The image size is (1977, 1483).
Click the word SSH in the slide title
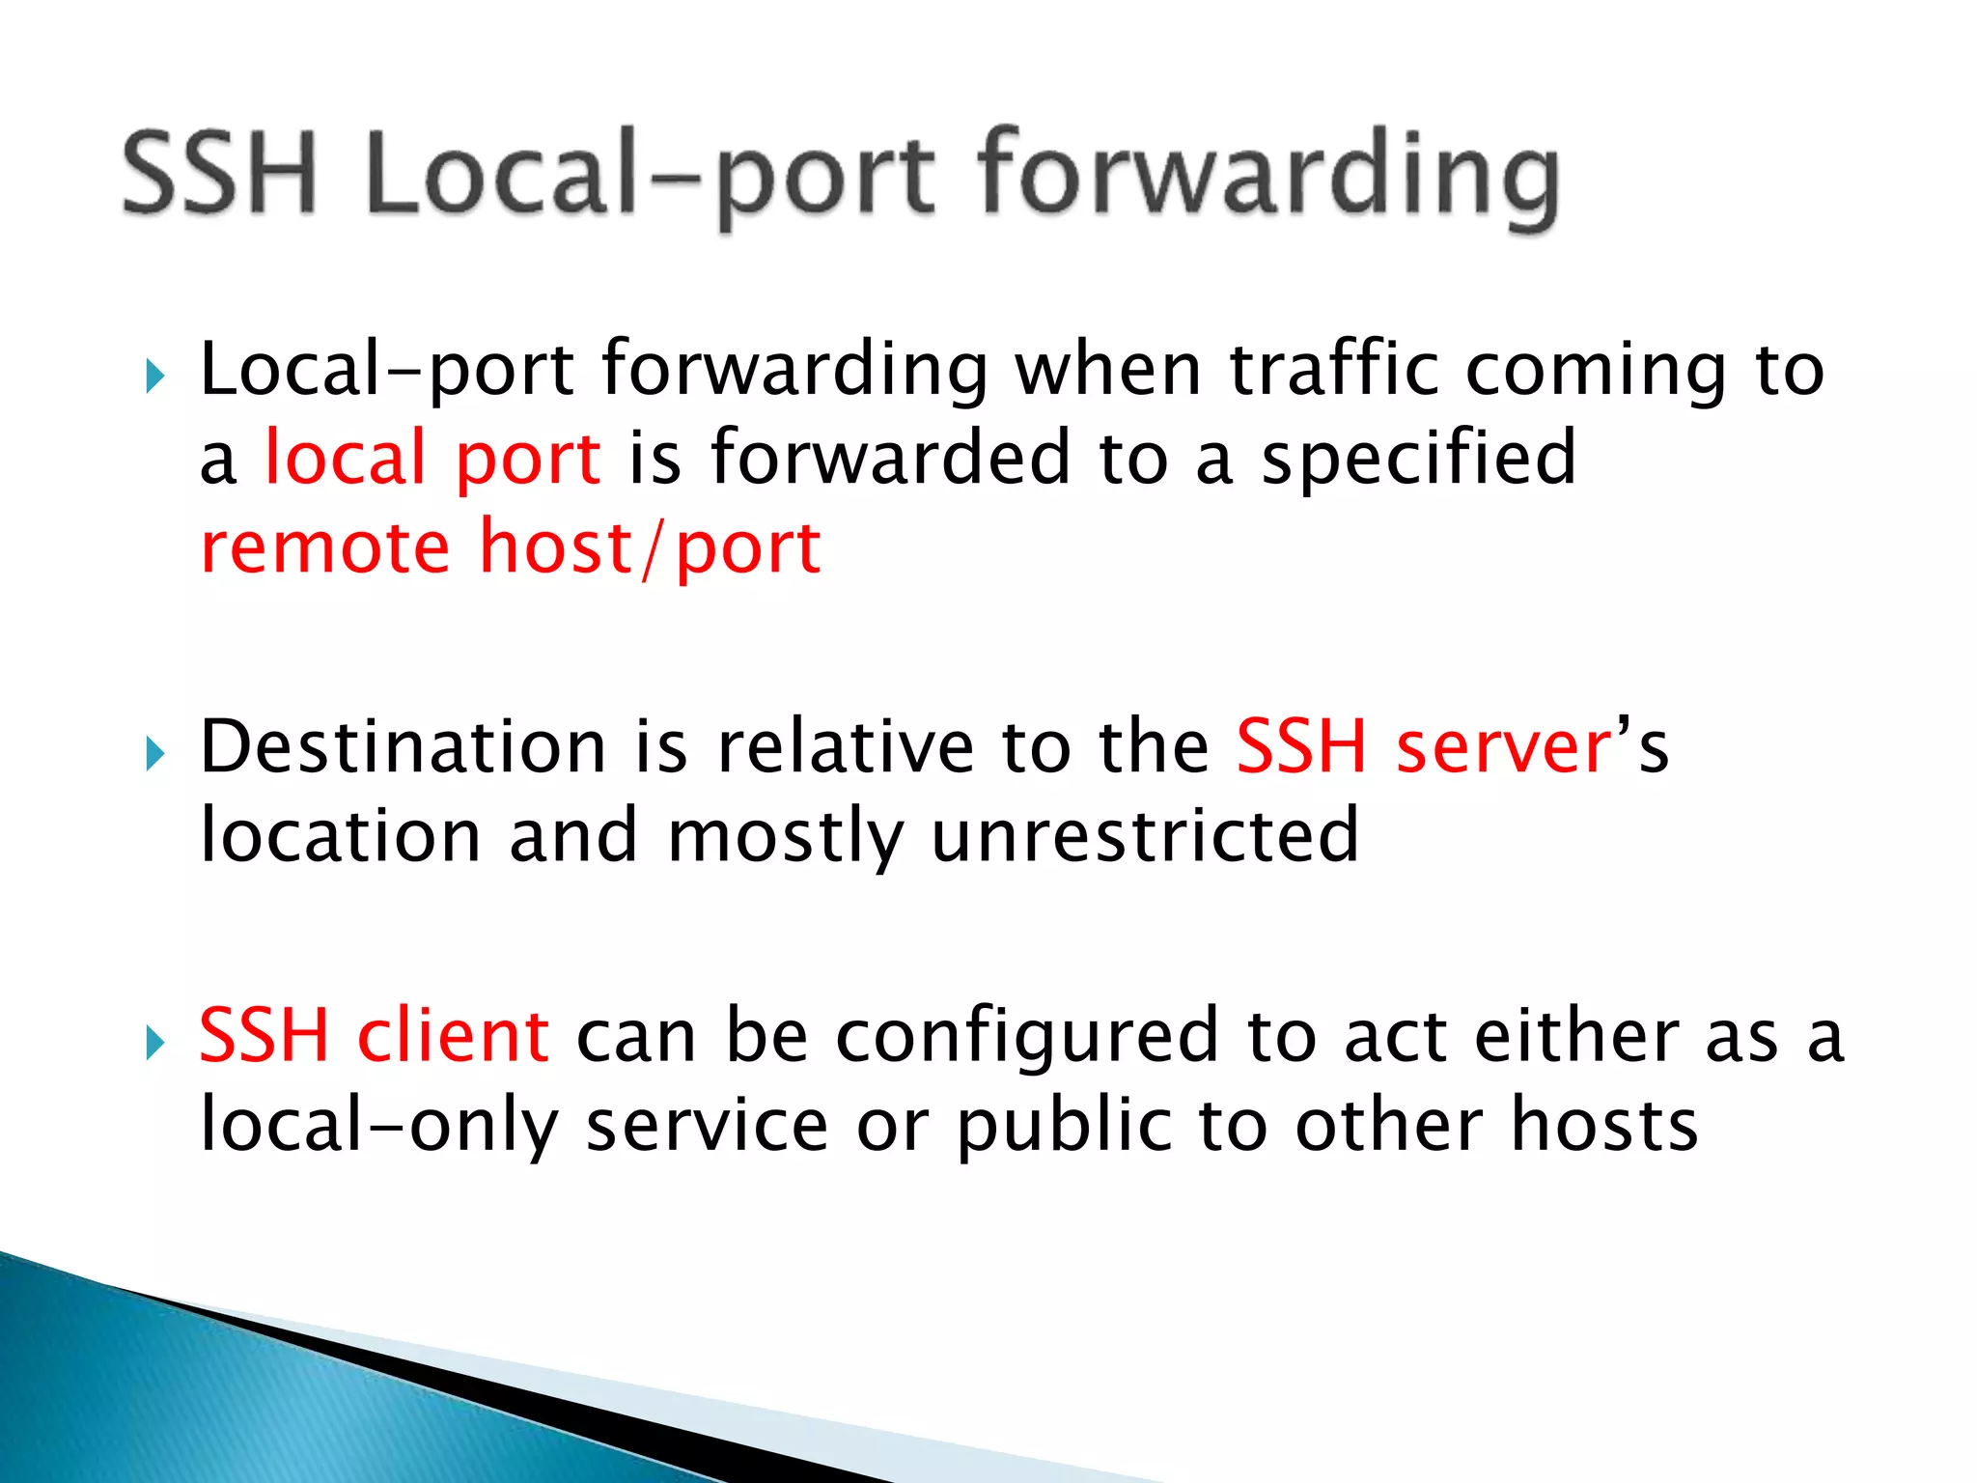(x=220, y=174)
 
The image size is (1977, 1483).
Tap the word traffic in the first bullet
(x=1334, y=370)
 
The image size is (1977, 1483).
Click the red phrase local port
(x=432, y=458)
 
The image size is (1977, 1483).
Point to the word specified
(x=1418, y=460)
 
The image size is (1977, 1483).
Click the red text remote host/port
(x=510, y=547)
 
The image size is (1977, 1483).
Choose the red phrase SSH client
(x=375, y=1036)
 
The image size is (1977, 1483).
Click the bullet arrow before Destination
(x=155, y=753)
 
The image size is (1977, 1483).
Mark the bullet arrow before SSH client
(x=155, y=1043)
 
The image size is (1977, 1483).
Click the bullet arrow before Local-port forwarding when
(x=155, y=377)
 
